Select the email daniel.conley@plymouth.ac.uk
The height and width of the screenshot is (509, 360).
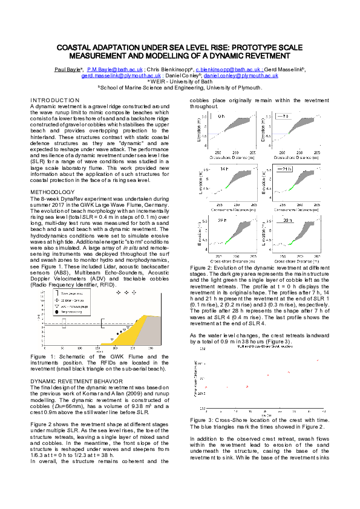pos(241,76)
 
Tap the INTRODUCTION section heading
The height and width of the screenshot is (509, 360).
pos(54,100)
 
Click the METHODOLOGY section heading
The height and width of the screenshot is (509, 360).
pos(52,192)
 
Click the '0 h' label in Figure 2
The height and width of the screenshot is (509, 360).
pos(221,115)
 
